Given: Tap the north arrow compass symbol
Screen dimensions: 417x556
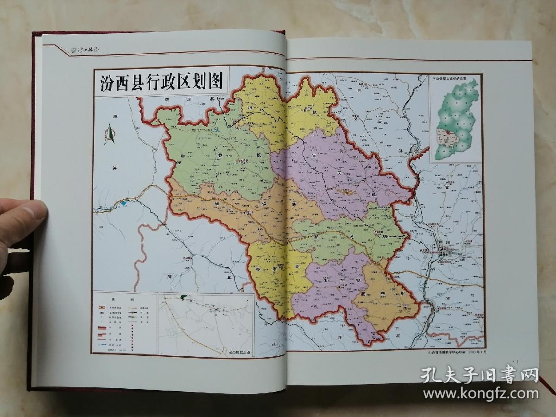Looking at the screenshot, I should tap(110, 134).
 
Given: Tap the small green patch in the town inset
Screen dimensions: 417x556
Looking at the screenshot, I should tap(184, 296).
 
